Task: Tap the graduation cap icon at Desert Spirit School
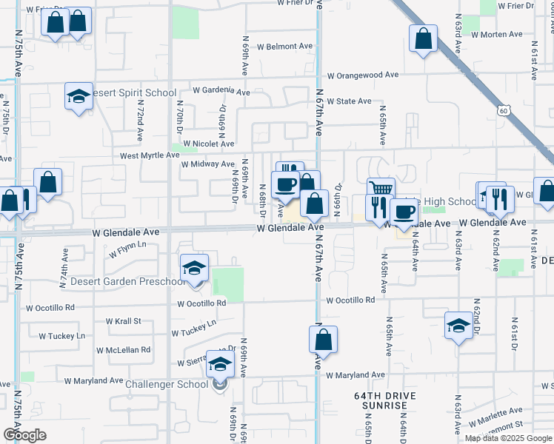tap(79, 96)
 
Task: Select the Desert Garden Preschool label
tap(128, 282)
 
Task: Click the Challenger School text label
tap(167, 384)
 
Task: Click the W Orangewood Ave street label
tap(363, 75)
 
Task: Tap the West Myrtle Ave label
tap(150, 155)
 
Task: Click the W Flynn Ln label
tap(129, 249)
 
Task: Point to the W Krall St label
tap(123, 321)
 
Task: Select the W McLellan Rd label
tap(123, 349)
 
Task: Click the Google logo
tap(24, 435)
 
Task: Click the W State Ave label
tap(349, 101)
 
